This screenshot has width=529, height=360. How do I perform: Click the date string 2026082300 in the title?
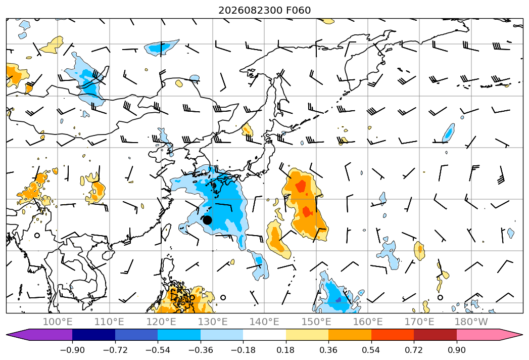(x=251, y=11)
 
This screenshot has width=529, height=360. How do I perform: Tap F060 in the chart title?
(x=299, y=11)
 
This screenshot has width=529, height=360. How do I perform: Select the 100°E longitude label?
(x=58, y=322)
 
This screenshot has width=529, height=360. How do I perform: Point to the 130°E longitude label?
(x=213, y=322)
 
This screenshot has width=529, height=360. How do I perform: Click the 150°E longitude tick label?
(x=316, y=322)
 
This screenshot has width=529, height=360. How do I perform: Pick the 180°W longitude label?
(x=471, y=322)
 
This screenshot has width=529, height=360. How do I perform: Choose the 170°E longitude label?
(x=419, y=322)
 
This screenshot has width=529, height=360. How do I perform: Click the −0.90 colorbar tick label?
(x=72, y=350)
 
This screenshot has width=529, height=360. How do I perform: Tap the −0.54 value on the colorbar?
(x=158, y=350)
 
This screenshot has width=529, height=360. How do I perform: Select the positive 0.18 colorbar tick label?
(x=286, y=350)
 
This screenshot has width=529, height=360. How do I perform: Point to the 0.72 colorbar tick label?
(x=414, y=350)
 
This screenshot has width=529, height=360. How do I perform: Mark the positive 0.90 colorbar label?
(x=456, y=350)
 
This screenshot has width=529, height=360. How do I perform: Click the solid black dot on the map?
(x=207, y=220)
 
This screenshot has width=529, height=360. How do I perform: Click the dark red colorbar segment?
(x=435, y=334)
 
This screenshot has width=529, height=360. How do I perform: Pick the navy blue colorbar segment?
(x=94, y=334)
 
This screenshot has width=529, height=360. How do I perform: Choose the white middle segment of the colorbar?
(x=265, y=334)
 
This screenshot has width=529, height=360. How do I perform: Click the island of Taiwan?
(x=167, y=233)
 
